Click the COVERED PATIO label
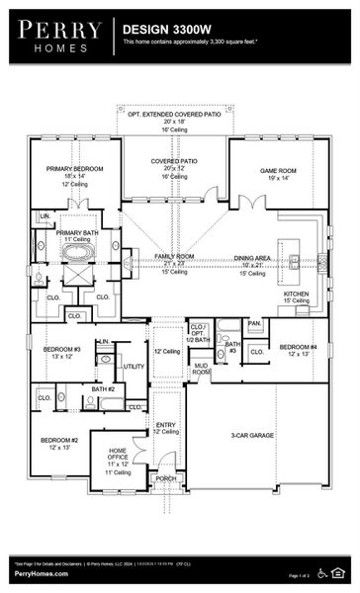175,160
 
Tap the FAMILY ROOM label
174,256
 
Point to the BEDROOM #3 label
62,349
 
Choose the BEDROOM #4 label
298,347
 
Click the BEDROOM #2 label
58,440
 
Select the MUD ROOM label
201,369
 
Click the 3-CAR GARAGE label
252,435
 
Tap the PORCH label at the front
166,478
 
